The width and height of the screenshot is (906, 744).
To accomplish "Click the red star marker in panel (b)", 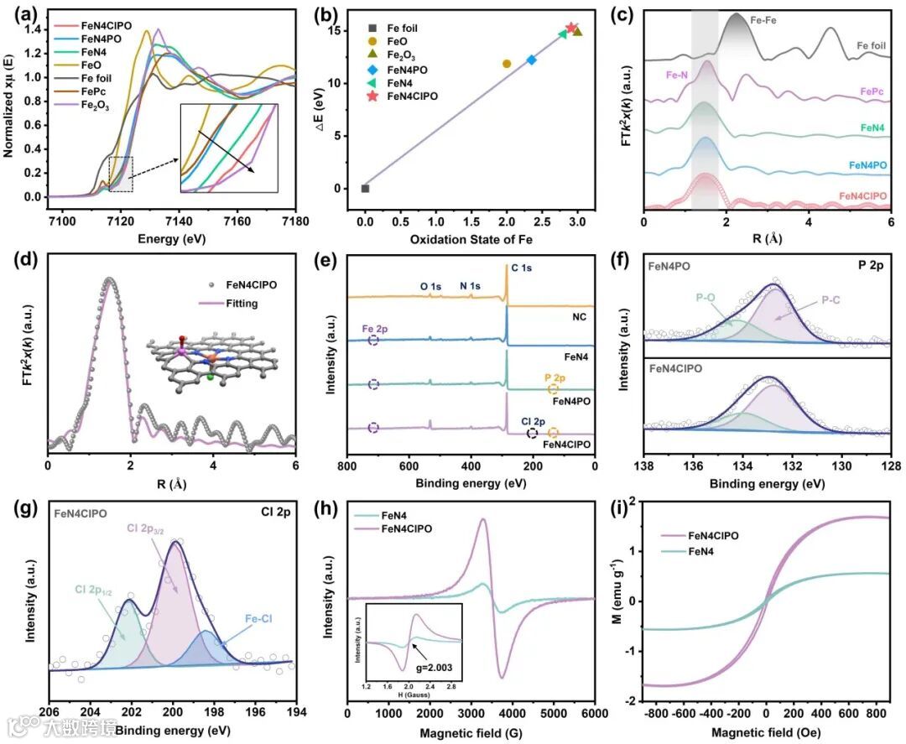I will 571,28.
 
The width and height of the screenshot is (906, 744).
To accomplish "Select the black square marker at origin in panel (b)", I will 365,188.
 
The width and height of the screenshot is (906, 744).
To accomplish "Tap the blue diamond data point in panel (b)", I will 531,60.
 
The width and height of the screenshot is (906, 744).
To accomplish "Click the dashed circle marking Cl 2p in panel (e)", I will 532,433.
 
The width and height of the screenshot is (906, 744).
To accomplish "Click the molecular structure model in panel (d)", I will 216,361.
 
